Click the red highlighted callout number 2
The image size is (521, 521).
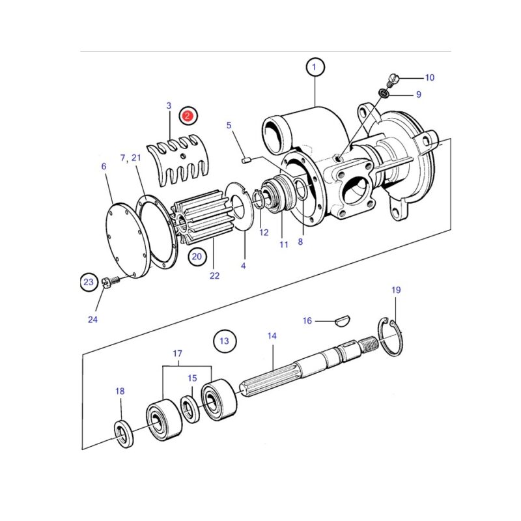[188, 116]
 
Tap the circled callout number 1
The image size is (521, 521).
[315, 67]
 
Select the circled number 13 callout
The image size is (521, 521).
[225, 341]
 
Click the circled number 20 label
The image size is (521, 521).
[197, 257]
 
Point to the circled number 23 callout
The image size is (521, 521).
[89, 282]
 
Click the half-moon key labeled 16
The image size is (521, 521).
[341, 321]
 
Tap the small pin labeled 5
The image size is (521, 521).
[246, 161]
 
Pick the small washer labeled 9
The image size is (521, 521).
[384, 93]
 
